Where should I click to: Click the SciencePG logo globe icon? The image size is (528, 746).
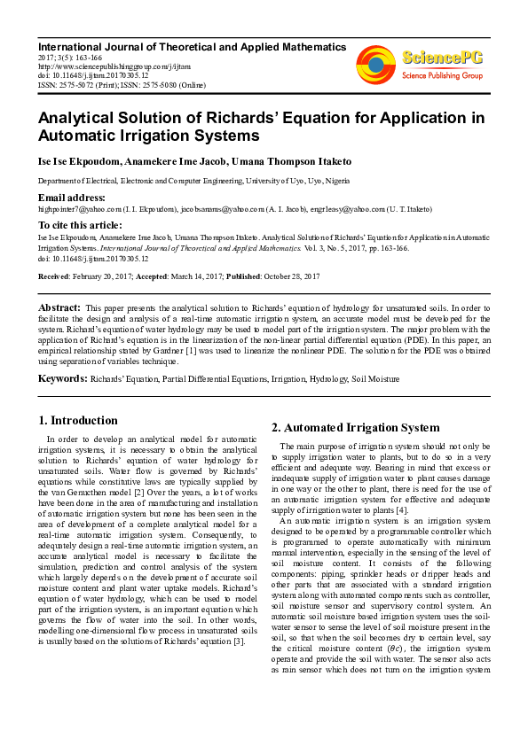(x=375, y=62)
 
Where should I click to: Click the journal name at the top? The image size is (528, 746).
(x=191, y=46)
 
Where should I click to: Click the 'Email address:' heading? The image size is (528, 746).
(x=72, y=197)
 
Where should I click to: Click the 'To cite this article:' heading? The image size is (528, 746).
(x=81, y=226)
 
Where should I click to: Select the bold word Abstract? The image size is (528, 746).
(x=58, y=307)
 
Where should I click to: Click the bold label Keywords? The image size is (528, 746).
(x=61, y=378)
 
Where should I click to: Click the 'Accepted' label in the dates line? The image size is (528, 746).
(x=169, y=276)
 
